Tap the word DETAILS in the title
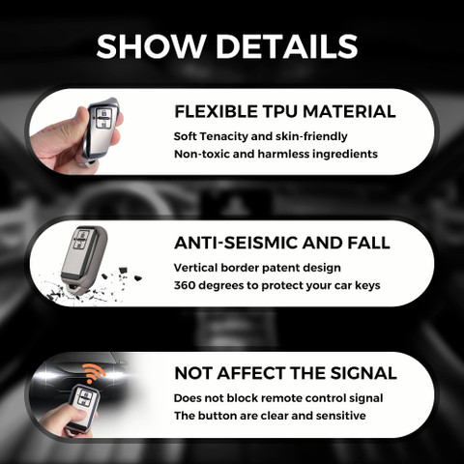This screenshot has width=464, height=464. click(287, 46)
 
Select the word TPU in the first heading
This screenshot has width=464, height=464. click(279, 111)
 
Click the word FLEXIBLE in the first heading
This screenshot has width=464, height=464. click(216, 111)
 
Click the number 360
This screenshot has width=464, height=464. click(185, 285)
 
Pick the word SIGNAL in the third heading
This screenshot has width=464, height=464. click(363, 373)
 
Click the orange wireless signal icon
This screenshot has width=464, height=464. click(94, 373)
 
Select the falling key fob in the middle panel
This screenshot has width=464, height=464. click(84, 258)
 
